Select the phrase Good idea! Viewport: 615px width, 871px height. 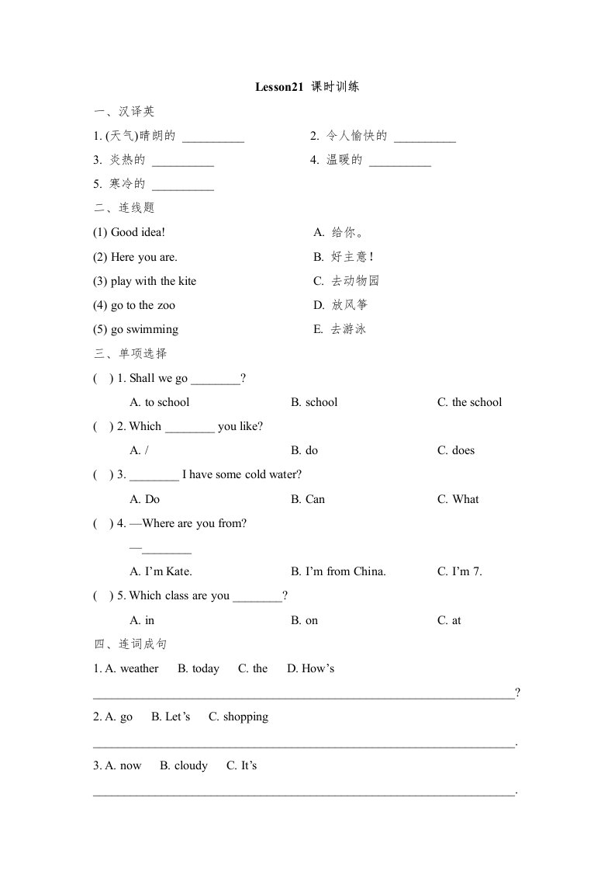coord(138,232)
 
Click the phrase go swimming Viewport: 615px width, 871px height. coord(144,329)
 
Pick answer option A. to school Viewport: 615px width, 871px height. coord(160,402)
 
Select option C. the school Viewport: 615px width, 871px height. coord(469,402)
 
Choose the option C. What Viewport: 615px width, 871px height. coord(458,499)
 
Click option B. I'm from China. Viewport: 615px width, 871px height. coord(338,571)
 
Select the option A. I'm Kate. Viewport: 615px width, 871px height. coord(161,571)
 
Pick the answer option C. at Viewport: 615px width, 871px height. coord(449,620)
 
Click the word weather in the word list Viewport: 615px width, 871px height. coord(139,668)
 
